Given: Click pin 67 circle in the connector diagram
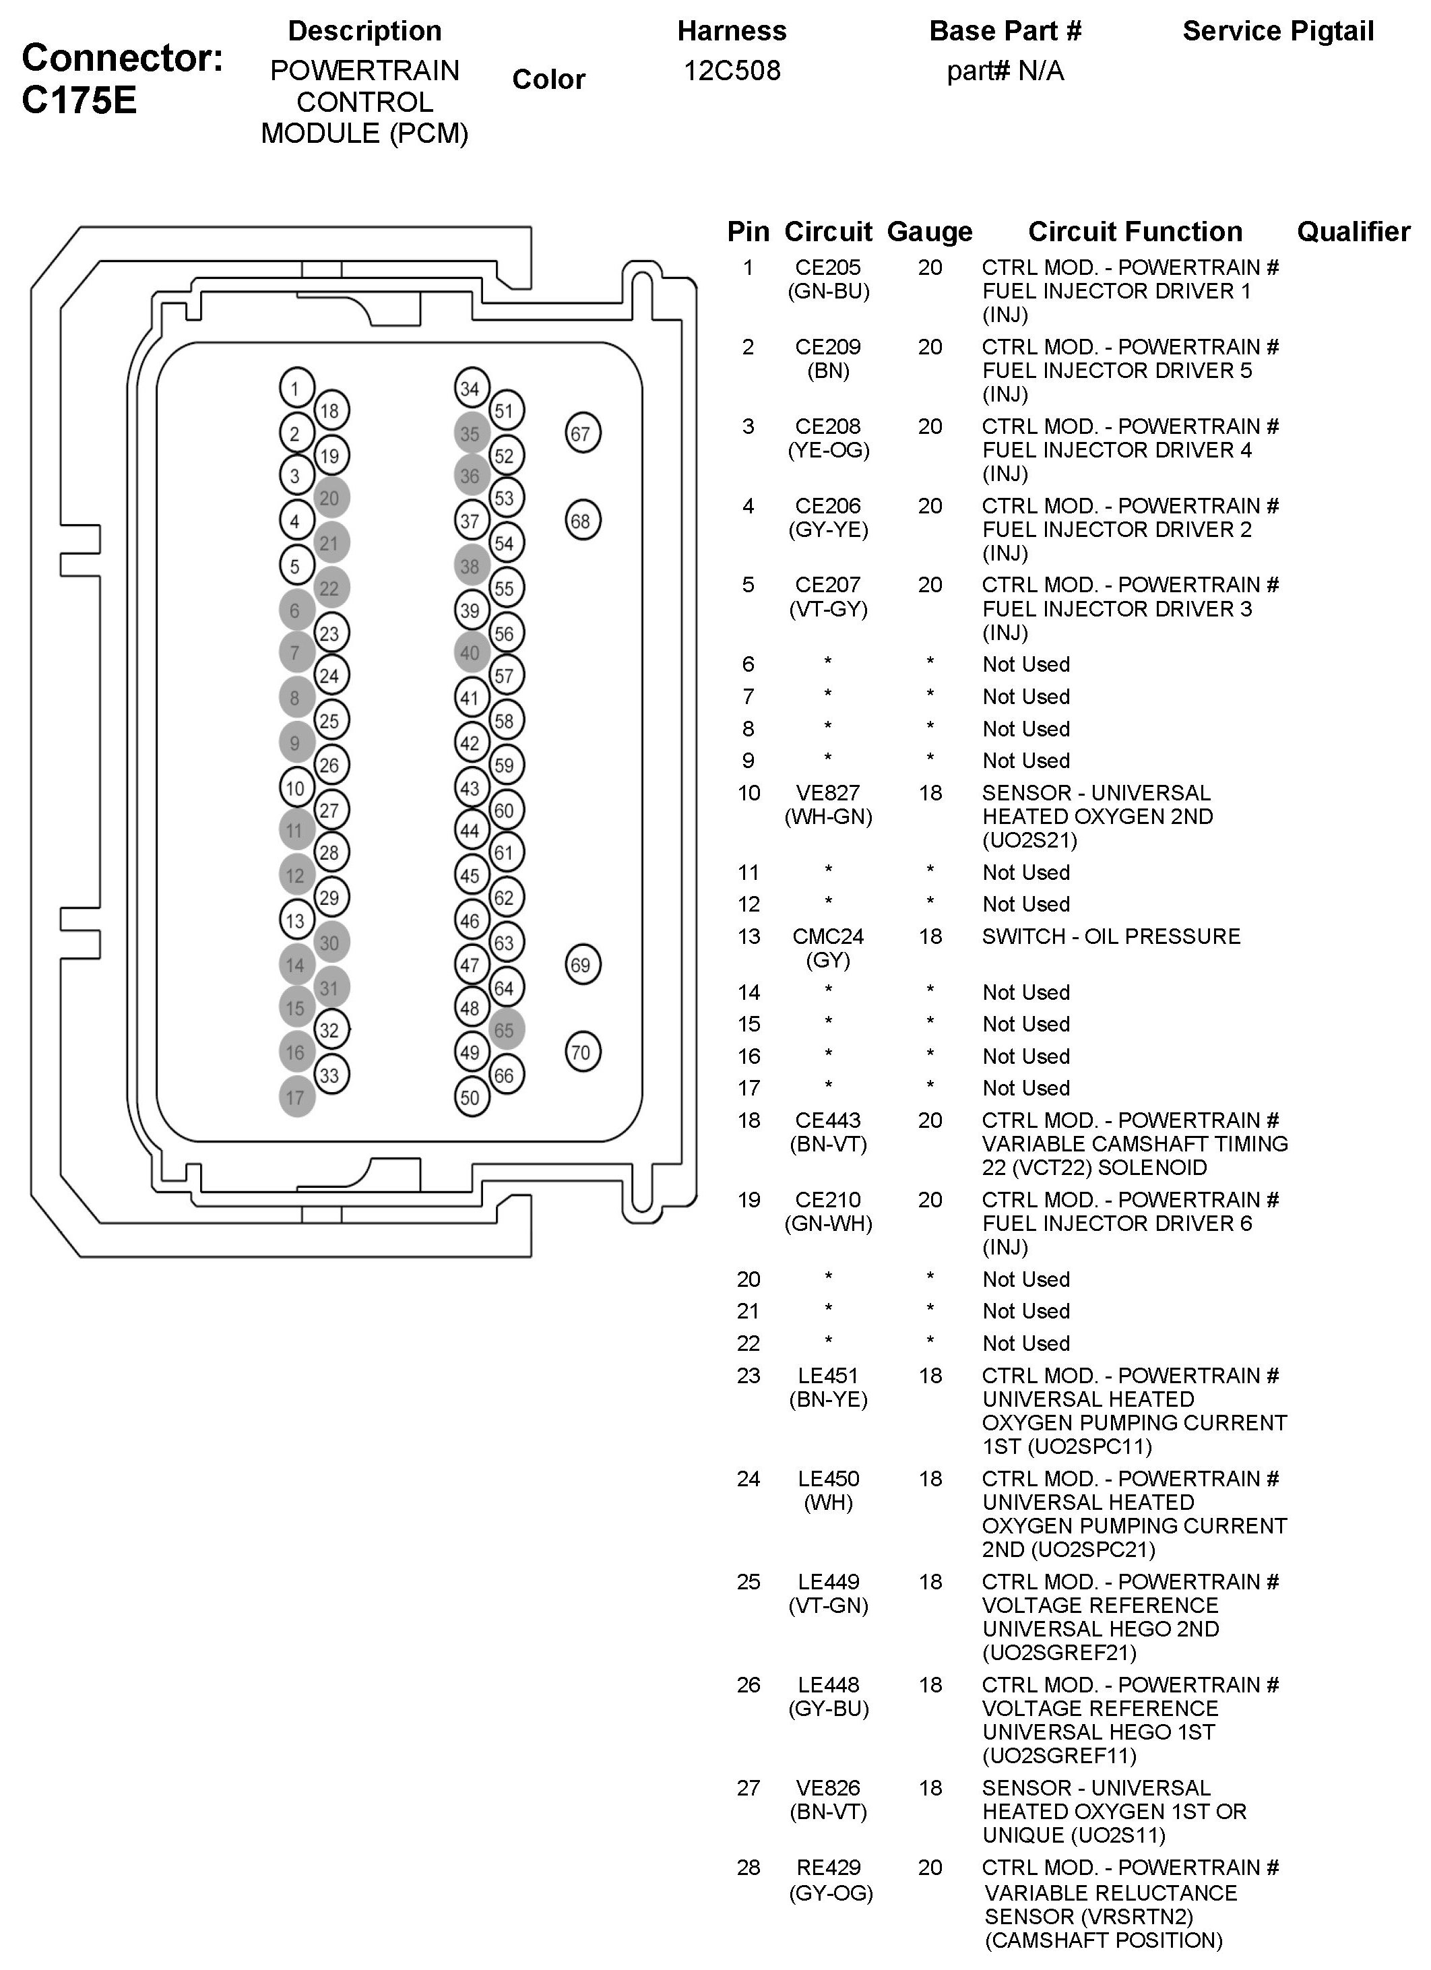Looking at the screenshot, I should tap(582, 433).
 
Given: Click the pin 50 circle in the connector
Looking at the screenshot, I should tap(471, 1097).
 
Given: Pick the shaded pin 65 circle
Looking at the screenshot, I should tap(505, 1030).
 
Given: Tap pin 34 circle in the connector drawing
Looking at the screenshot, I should tap(471, 388).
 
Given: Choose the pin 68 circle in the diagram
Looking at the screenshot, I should tap(582, 521).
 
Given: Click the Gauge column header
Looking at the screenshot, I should tap(929, 232).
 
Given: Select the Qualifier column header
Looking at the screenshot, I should tap(1353, 232).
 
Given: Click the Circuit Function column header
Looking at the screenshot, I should tap(1135, 232).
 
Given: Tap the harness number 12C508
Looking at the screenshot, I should tap(732, 70).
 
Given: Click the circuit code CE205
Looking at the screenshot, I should tap(828, 267).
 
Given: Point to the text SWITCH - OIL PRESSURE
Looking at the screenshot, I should tap(1111, 936).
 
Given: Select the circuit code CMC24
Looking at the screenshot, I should tap(828, 936).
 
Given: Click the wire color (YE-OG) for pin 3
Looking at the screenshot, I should tap(828, 450).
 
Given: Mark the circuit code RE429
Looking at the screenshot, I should tap(828, 1868).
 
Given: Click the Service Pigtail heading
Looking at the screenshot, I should tap(1277, 31).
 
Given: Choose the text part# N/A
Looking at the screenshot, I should tap(1005, 70).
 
